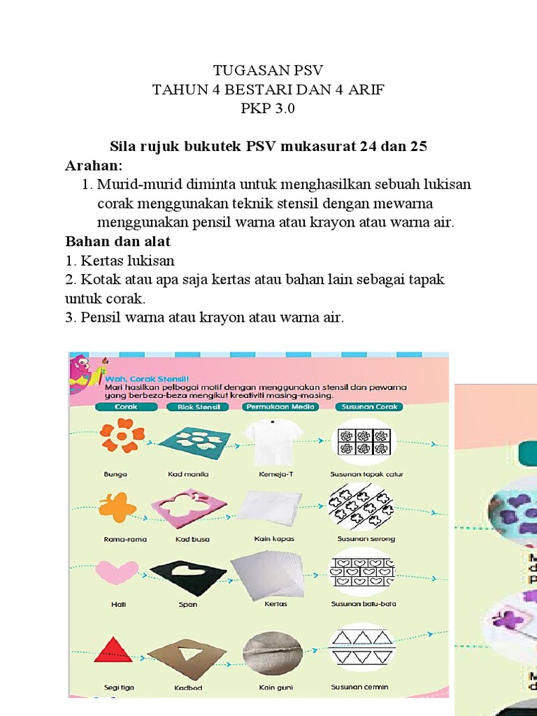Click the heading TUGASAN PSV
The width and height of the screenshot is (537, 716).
[x=268, y=71]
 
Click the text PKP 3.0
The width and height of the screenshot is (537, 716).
[x=268, y=108]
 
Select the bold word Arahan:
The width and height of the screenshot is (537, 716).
[x=94, y=166]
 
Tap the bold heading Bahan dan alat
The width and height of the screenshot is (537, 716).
[x=118, y=241]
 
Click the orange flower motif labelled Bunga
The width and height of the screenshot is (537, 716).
[x=122, y=436]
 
